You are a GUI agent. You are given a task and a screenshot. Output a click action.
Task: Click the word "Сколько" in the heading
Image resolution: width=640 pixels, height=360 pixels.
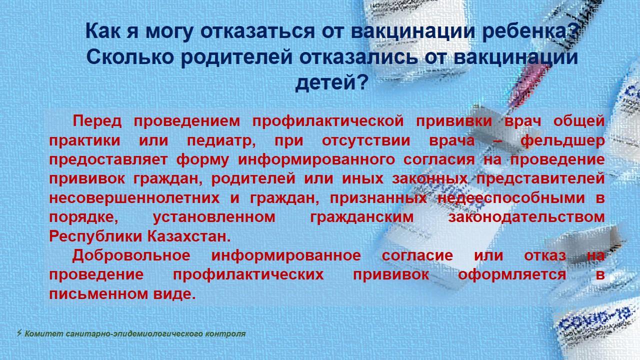click(x=130, y=57)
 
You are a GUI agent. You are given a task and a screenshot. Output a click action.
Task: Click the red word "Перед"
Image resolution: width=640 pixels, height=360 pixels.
click(x=97, y=121)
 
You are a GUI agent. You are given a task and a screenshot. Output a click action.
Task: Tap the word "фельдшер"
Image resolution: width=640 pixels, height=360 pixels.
click(x=562, y=141)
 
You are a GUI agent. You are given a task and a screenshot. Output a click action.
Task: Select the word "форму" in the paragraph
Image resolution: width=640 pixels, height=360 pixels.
click(x=202, y=160)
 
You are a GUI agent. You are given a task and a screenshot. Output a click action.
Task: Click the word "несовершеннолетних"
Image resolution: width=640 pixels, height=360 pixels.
click(x=134, y=198)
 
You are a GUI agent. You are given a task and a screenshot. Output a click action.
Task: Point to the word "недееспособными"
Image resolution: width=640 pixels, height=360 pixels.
click(x=511, y=197)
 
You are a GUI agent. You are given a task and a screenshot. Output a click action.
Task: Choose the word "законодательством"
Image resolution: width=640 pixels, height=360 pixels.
click(x=526, y=217)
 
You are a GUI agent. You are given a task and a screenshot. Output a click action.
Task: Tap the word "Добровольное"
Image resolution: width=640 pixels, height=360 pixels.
click(x=131, y=255)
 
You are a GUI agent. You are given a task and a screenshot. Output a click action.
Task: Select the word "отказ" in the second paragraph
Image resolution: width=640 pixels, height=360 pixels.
click(x=545, y=255)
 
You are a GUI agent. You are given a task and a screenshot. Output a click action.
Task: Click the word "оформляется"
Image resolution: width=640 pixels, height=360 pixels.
click(x=512, y=275)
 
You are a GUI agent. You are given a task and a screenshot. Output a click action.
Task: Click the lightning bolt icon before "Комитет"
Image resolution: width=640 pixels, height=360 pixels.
click(x=19, y=333)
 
